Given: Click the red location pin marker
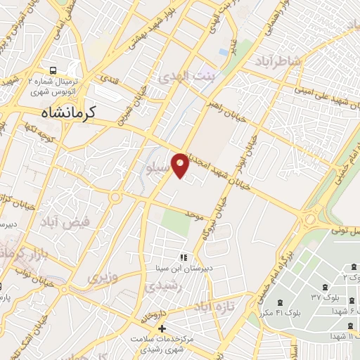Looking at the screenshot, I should (181, 164).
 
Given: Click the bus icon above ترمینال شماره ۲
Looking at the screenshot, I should (53, 71).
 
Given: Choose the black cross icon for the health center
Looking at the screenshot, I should (161, 328).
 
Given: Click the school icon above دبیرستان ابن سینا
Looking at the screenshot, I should (184, 258).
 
